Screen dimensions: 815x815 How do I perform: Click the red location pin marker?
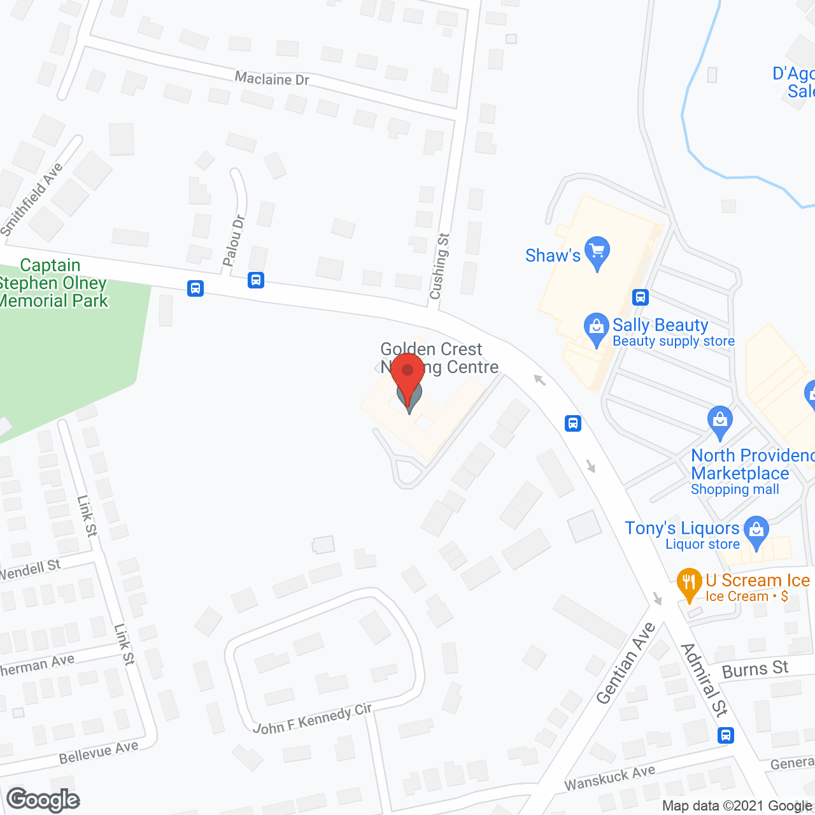coord(407,373)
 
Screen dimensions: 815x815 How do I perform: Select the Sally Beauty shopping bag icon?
coord(597,328)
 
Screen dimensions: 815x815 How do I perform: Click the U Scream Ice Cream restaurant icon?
coord(689,583)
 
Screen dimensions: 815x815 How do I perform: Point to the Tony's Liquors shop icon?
coord(756,531)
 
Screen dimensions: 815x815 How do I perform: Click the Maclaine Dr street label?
coord(272,79)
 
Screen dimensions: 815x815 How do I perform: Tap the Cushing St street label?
coord(439,266)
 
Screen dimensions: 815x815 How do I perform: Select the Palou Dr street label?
coord(234,240)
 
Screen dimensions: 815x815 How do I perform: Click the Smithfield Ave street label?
coord(32,199)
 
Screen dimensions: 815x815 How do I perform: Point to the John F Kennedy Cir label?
coord(312,719)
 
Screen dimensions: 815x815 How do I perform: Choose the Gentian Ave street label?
coord(626,663)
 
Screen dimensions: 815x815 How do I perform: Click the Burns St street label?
coord(755,669)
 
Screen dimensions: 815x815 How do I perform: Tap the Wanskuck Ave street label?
coord(609,778)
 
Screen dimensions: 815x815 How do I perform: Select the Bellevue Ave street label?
coord(99,753)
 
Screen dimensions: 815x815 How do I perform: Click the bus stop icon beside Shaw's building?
coord(641,297)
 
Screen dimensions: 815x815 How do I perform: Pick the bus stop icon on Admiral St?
coord(726,735)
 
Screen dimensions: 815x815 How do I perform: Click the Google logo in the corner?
coord(43,800)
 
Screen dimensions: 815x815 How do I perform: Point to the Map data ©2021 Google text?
coord(737,806)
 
